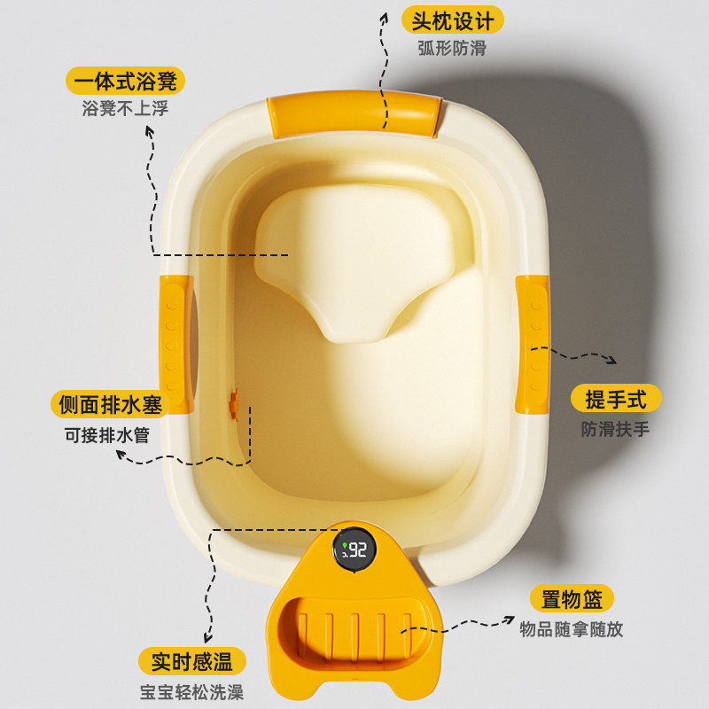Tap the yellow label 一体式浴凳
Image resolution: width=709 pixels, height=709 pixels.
tap(125, 82)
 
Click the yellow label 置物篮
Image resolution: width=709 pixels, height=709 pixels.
tap(572, 600)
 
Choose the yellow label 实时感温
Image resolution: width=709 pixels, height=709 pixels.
tap(191, 661)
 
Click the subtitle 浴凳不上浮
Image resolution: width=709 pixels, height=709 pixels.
tap(125, 110)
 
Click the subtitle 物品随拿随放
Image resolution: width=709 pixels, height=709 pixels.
tap(572, 630)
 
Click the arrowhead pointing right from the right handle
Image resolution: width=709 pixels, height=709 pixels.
tap(612, 360)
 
